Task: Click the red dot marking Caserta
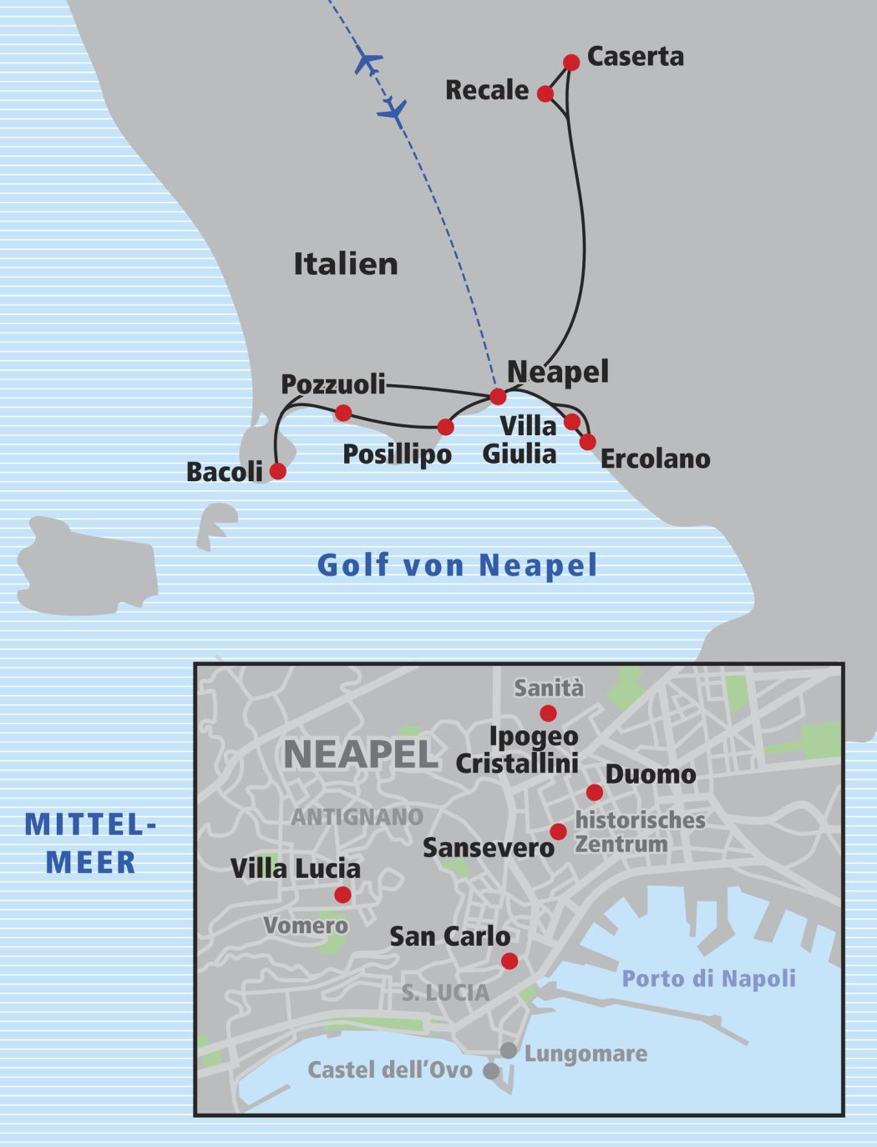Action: click(571, 63)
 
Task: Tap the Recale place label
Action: click(487, 90)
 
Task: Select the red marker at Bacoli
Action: click(278, 471)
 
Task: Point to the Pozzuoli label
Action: click(333, 384)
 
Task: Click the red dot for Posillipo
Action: click(446, 428)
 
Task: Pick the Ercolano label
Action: click(655, 459)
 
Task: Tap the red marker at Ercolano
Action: click(588, 441)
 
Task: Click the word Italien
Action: click(346, 264)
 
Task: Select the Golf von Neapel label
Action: click(458, 566)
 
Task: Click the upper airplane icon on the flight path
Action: click(368, 61)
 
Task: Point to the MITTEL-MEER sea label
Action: click(90, 843)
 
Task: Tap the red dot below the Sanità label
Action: click(548, 713)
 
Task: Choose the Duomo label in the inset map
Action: click(651, 774)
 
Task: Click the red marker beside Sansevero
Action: click(558, 831)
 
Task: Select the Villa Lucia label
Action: click(296, 869)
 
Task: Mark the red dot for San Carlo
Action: click(509, 961)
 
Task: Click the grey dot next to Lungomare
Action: click(508, 1050)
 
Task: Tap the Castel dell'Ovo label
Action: click(390, 1070)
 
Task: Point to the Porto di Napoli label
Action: click(709, 978)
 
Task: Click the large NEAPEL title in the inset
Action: click(361, 755)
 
